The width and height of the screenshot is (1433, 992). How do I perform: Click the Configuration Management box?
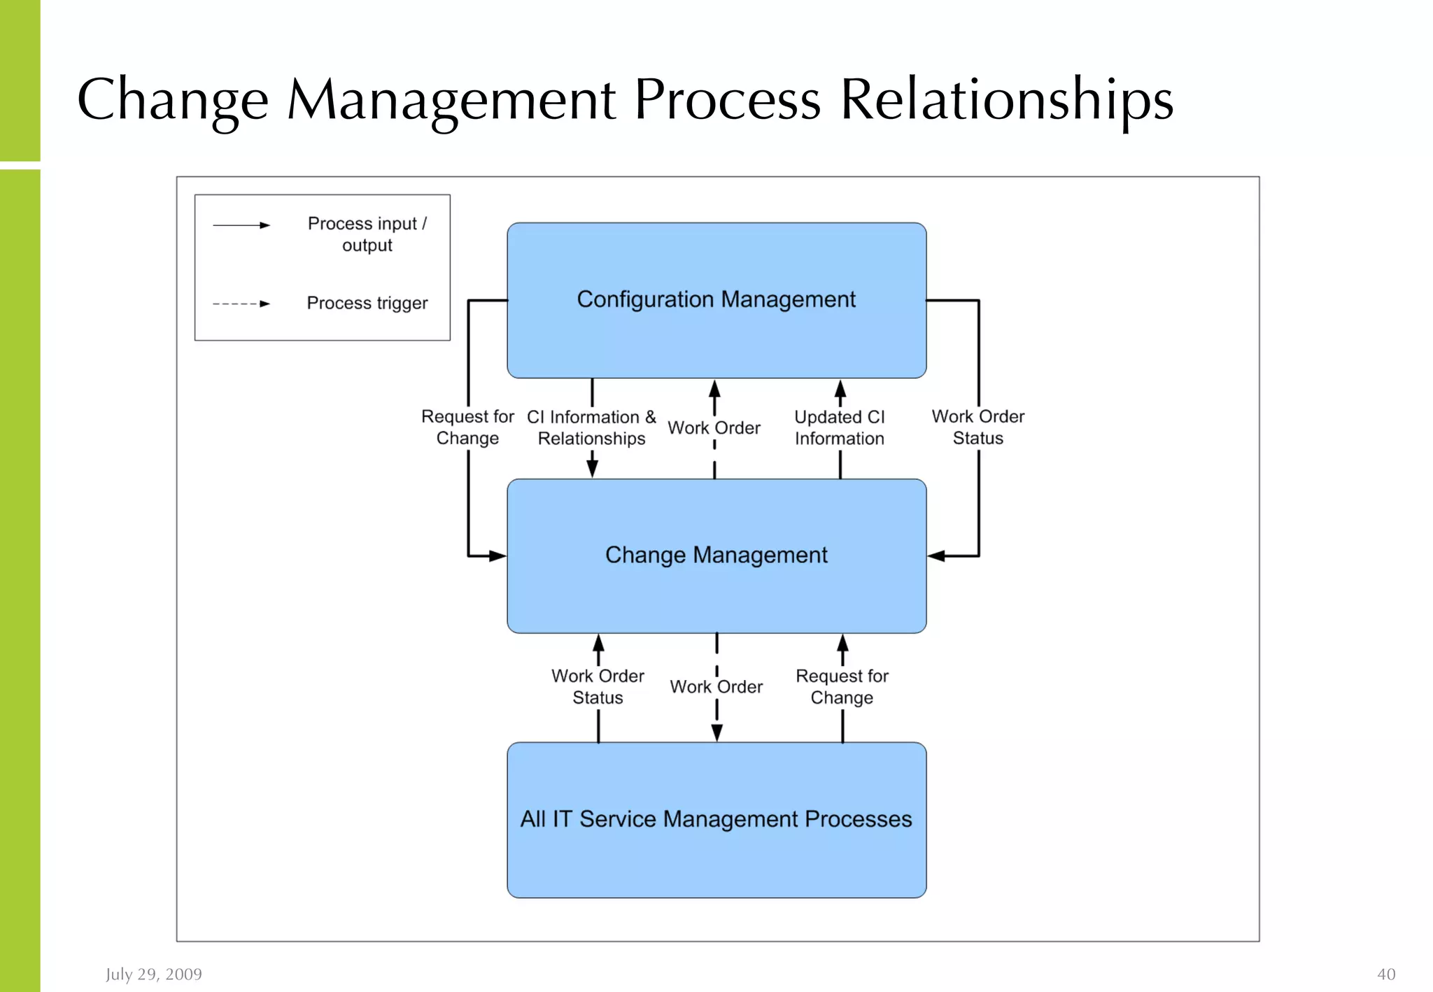[x=716, y=300]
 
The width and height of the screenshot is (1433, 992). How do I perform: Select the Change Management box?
[x=716, y=555]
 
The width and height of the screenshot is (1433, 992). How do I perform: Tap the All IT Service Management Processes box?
[x=716, y=819]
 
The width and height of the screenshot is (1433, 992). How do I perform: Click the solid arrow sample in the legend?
[x=241, y=225]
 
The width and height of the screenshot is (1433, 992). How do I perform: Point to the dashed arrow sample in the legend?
[x=241, y=304]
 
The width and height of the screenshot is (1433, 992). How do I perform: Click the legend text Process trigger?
[x=367, y=303]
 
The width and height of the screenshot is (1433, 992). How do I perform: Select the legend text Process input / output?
[x=367, y=234]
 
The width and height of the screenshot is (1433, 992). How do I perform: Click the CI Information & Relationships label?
[x=591, y=427]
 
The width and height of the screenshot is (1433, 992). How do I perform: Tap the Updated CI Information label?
[x=839, y=427]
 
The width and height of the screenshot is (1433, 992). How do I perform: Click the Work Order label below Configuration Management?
[x=714, y=427]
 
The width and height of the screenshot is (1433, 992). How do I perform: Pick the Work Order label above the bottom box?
[x=716, y=687]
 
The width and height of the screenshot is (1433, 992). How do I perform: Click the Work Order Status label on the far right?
[x=977, y=427]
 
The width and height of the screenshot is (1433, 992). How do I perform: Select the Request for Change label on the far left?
[x=467, y=427]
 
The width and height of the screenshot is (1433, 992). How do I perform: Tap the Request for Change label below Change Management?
[x=842, y=687]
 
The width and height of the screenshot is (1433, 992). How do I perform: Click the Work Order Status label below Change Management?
[x=598, y=687]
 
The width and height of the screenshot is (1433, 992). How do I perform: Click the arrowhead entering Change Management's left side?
[x=497, y=556]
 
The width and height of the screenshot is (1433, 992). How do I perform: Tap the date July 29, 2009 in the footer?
[x=154, y=974]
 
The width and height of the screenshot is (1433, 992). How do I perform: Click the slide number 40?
[x=1385, y=974]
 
